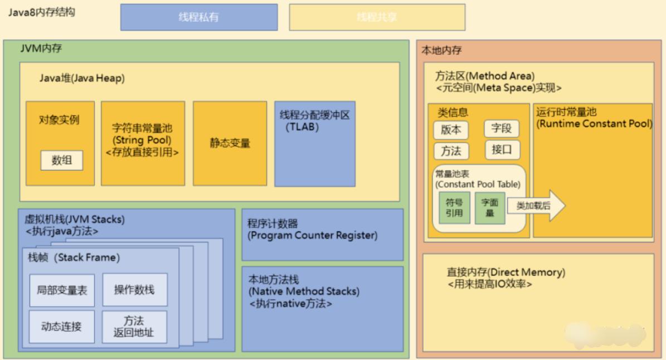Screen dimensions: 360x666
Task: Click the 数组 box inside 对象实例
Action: point(62,160)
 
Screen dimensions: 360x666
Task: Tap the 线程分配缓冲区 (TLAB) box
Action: point(315,143)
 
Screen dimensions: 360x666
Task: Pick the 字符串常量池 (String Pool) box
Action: point(143,143)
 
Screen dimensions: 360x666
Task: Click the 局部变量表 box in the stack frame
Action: point(62,290)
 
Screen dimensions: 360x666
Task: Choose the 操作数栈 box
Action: point(134,290)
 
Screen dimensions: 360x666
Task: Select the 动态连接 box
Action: point(62,327)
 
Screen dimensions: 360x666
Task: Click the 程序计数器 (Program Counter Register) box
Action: point(322,235)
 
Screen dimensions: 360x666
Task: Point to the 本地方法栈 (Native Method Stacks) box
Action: point(322,309)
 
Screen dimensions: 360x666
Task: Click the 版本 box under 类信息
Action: point(451,130)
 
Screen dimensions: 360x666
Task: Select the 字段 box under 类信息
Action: point(501,129)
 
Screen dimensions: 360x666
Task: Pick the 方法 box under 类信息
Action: point(451,151)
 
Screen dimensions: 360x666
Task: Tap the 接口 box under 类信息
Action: point(502,149)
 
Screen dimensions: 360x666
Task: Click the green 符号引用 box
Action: point(454,208)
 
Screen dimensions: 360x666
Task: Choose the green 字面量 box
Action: point(489,208)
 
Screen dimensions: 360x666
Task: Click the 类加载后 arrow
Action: point(535,206)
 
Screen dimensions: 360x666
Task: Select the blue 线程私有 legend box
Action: point(199,17)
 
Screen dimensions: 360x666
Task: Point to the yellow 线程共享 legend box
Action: point(377,17)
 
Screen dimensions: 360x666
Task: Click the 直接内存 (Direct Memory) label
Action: point(505,273)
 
